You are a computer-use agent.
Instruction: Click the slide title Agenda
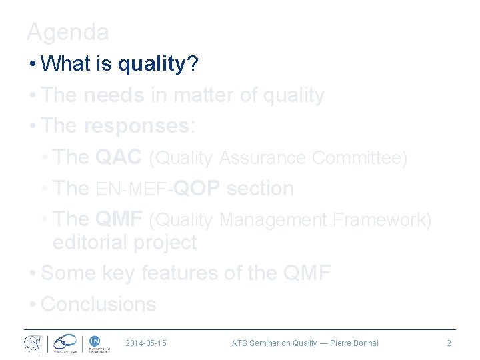pos(68,31)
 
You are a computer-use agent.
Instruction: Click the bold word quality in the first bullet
pos(151,64)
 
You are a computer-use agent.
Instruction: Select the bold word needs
pos(114,95)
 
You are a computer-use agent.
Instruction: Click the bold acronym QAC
pos(119,157)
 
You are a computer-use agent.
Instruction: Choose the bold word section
pos(260,189)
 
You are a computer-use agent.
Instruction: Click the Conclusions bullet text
pos(98,304)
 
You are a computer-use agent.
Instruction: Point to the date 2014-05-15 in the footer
pos(146,343)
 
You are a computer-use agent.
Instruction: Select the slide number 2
pos(449,343)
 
